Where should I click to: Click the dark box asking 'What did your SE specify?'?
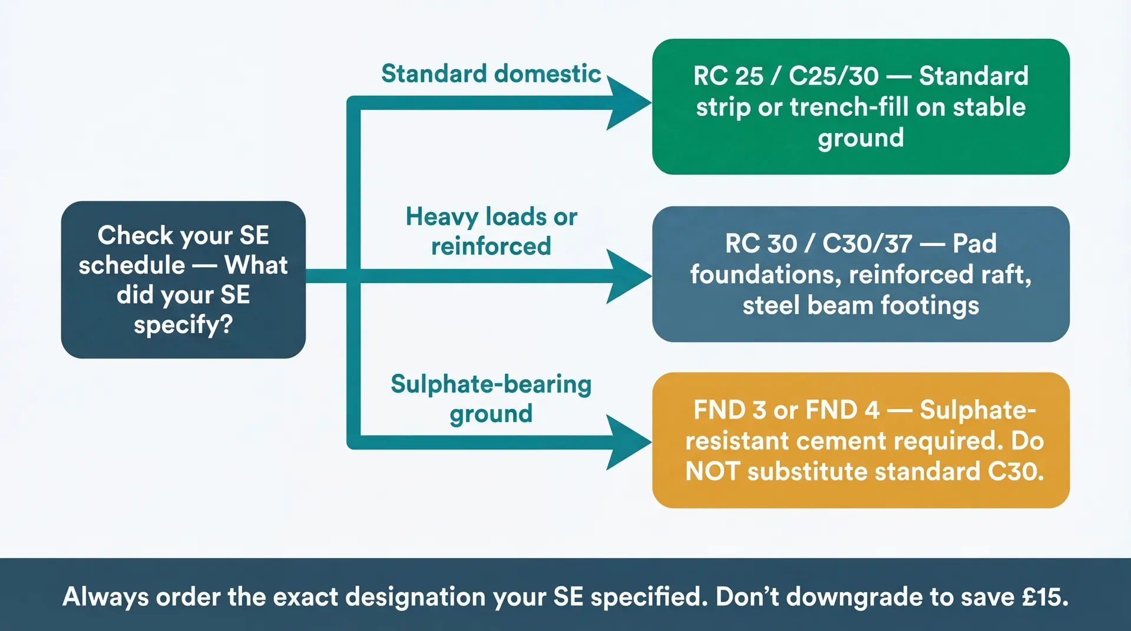click(183, 280)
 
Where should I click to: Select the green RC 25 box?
click(861, 107)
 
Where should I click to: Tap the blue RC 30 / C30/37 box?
click(861, 274)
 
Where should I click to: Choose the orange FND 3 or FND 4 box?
click(861, 440)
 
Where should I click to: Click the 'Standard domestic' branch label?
click(491, 74)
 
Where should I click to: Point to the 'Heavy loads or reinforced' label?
click(491, 231)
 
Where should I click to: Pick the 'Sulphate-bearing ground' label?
click(491, 398)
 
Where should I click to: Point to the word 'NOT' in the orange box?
click(712, 471)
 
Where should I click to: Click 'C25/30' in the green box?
click(833, 76)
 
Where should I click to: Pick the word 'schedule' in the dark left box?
click(131, 265)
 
